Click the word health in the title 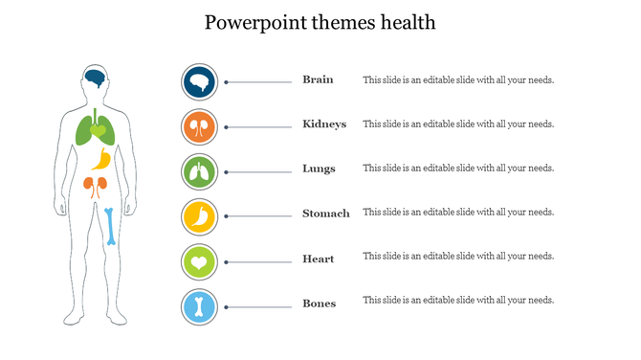(406, 22)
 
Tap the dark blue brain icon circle (199, 82)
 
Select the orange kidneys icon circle (199, 126)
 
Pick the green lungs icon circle (199, 172)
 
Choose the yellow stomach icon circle (199, 216)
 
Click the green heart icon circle (199, 261)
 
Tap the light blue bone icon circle (199, 307)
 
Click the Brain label (318, 79)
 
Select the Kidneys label (324, 124)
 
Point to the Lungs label (319, 169)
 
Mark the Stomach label (325, 214)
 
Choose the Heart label (318, 258)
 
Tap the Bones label (319, 304)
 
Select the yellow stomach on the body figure (104, 159)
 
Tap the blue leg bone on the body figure (111, 226)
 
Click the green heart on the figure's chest (98, 128)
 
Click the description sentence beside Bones (458, 301)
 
